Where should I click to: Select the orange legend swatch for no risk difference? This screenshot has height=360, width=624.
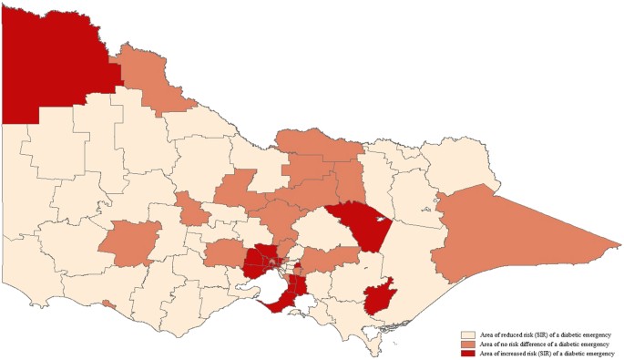click(467, 344)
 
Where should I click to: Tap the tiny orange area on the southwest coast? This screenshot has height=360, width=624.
click(109, 303)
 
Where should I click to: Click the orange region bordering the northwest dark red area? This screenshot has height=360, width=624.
click(146, 77)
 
